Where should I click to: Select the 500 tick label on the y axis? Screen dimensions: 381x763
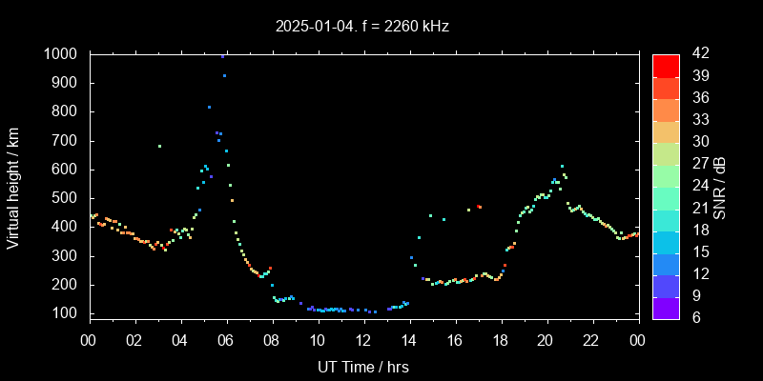(67, 198)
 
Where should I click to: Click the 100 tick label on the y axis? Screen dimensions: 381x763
(67, 313)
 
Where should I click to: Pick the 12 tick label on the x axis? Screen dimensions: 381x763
(363, 340)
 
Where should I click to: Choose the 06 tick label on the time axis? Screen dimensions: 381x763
(227, 340)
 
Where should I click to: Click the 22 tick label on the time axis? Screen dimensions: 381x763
(591, 340)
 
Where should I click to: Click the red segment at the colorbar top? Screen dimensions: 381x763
(665, 65)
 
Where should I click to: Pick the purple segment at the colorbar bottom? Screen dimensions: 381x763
(665, 307)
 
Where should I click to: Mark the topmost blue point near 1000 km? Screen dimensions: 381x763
(223, 56)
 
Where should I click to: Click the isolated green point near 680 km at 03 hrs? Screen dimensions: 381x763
(159, 146)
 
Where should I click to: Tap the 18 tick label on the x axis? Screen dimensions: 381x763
(501, 340)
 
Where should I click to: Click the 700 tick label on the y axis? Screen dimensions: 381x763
(67, 141)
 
